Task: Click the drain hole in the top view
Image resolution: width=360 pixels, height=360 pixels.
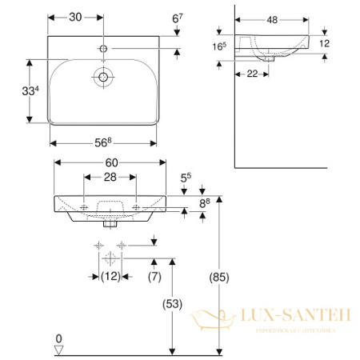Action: click(102, 78)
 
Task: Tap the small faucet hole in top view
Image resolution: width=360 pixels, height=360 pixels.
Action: click(102, 50)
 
